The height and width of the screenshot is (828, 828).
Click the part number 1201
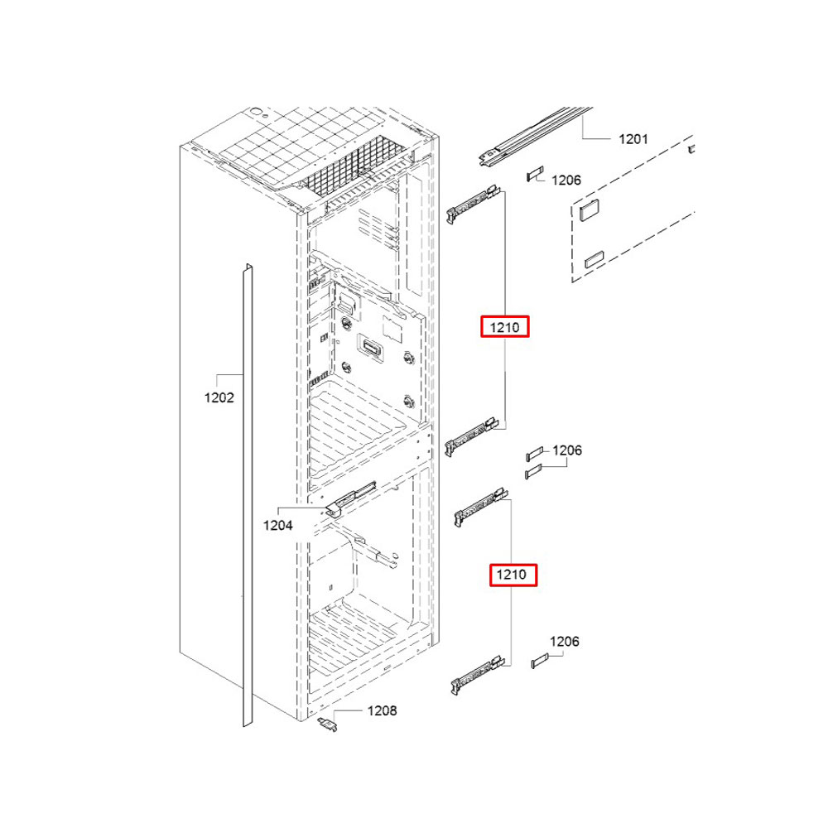click(x=633, y=139)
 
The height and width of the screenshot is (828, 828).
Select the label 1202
click(x=219, y=397)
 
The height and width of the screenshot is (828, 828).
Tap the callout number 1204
click(x=278, y=524)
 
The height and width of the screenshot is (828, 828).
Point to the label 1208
click(x=383, y=710)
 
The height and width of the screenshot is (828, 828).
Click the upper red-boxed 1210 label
click(x=504, y=328)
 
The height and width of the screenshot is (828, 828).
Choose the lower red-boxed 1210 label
click(x=513, y=574)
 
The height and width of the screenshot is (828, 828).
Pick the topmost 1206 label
click(x=566, y=180)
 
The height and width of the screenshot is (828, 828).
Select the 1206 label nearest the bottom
click(x=565, y=641)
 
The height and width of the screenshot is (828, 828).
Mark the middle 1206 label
click(x=567, y=450)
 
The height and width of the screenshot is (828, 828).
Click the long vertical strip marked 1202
click(x=246, y=497)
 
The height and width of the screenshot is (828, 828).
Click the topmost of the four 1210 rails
click(x=474, y=203)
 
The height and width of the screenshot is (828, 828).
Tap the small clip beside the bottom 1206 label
click(x=540, y=660)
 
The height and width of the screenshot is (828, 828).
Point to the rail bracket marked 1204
click(x=348, y=500)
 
